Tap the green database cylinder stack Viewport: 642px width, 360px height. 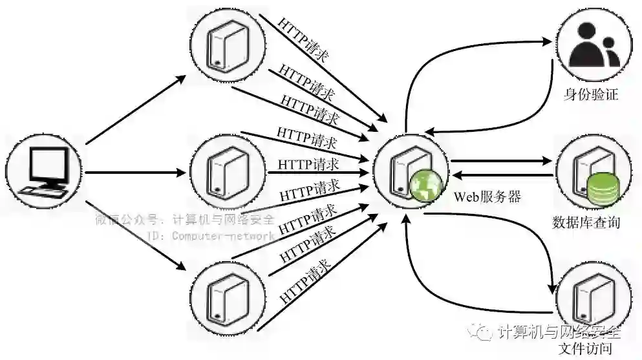(x=603, y=189)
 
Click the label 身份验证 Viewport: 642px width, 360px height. (x=591, y=95)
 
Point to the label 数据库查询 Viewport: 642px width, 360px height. (x=586, y=222)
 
